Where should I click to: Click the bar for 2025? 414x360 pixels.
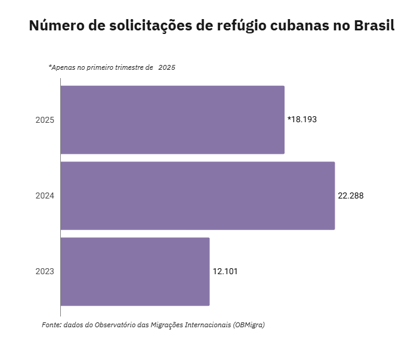172,120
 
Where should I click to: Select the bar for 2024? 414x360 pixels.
197,195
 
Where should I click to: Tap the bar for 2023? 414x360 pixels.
135,272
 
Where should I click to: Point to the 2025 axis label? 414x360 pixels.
45,120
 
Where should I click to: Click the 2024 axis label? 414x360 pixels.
45,195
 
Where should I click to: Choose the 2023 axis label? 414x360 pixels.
45,272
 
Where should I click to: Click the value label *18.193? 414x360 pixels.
302,119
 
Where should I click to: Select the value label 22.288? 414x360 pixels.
351,195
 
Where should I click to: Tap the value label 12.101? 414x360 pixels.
225,271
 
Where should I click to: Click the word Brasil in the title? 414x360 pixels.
374,27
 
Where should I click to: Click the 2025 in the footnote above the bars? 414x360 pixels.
166,68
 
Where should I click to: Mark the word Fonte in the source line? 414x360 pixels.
51,325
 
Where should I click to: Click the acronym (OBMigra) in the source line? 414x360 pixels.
249,325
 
